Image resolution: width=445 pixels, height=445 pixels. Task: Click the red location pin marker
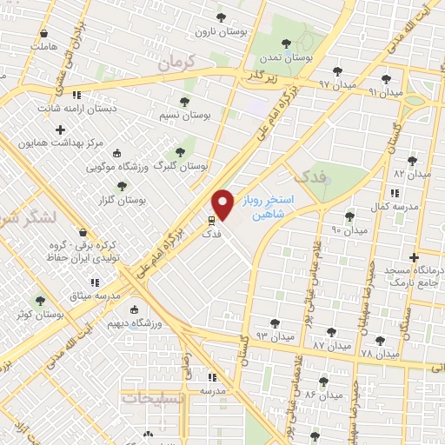[223, 204]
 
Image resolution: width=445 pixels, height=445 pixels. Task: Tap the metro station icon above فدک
[210, 220]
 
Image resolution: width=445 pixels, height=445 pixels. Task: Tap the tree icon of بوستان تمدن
[286, 43]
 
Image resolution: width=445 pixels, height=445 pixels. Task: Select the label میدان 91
[386, 91]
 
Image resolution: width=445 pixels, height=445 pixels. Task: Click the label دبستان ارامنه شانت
[76, 110]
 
